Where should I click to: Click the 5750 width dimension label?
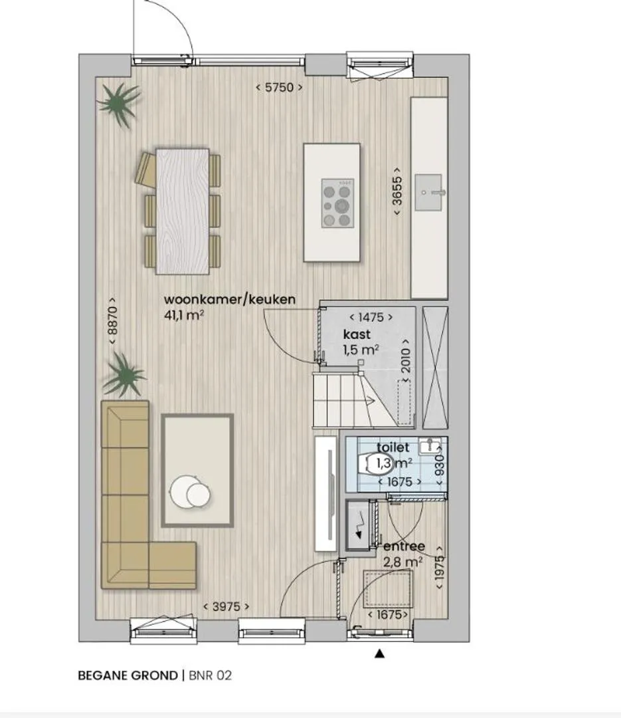279,87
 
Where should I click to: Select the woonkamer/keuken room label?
230,299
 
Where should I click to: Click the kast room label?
357,334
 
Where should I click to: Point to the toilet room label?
393,447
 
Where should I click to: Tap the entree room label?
404,546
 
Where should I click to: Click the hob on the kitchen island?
337,203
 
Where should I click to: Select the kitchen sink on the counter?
429,192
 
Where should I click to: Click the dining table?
183,211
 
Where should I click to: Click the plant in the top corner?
119,105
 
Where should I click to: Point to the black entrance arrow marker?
379,654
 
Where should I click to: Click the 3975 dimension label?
226,607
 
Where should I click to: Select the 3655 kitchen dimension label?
397,191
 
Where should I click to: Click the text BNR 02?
211,675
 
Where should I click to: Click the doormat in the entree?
388,588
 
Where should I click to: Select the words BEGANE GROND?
128,675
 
